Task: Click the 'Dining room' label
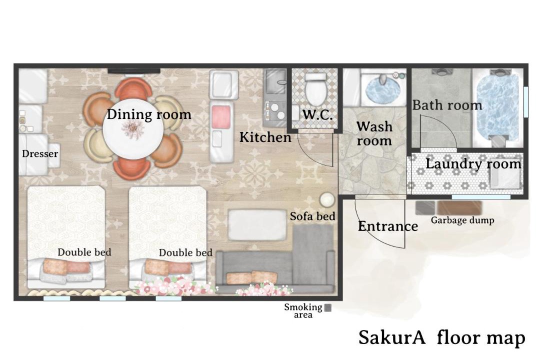149,114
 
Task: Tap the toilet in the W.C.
316,88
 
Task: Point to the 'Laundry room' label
473,163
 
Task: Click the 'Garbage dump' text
462,220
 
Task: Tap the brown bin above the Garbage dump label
460,208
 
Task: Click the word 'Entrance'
388,226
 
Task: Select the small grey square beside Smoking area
328,307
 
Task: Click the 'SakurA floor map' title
442,337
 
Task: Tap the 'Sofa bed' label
312,216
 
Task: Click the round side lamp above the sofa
327,199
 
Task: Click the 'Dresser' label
40,153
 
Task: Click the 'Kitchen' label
265,137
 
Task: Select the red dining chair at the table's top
133,89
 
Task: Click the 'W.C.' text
317,114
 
